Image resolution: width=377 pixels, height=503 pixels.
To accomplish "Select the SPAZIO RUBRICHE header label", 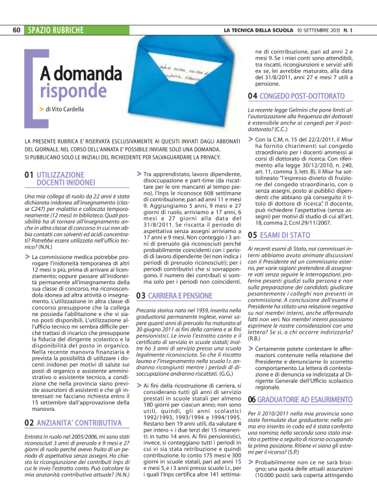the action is coord(56,31).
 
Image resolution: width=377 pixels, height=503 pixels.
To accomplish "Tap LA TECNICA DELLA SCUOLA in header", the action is coord(256,31).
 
